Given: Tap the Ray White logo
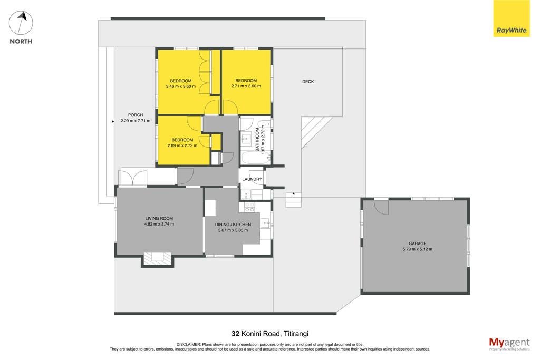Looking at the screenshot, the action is click(x=512, y=18).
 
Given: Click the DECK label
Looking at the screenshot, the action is click(x=308, y=82).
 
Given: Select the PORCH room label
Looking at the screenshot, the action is click(x=136, y=115).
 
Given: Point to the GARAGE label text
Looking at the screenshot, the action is click(x=418, y=244).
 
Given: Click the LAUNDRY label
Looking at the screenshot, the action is click(x=252, y=179).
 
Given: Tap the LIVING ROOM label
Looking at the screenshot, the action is click(x=159, y=218).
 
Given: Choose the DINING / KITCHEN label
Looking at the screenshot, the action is click(x=233, y=225).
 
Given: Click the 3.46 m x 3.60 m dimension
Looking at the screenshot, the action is click(x=181, y=86).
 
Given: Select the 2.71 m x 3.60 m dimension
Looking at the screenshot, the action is click(x=246, y=86).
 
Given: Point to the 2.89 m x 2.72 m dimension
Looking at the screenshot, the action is click(x=182, y=145).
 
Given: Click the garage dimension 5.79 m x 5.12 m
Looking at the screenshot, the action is click(x=418, y=249).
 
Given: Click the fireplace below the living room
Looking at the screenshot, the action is click(x=157, y=259).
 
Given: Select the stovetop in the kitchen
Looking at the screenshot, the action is click(x=249, y=207).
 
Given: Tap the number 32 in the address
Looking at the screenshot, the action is click(x=236, y=334).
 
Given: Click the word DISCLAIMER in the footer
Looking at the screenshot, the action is click(x=189, y=344).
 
